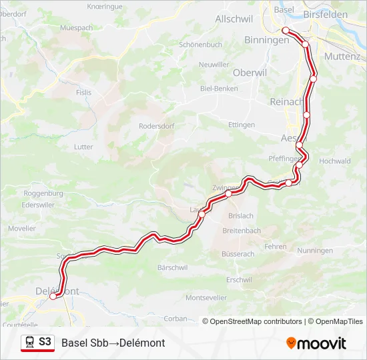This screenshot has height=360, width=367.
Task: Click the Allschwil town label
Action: pos(234,19)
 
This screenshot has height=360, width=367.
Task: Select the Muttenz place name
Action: pos(342,57)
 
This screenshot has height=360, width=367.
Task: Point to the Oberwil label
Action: pos(249,72)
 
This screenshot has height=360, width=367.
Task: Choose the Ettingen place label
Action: pos(242,125)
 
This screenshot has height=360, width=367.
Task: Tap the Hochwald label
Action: pos(335,161)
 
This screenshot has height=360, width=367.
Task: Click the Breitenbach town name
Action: pos(242,231)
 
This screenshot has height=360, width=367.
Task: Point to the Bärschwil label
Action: pos(172,267)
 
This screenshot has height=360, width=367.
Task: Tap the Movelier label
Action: pos(22,228)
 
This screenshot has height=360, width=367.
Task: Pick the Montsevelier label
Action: pos(206,297)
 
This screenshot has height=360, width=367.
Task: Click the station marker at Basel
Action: pos(286,31)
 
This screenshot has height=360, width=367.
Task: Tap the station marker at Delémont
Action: pos(53,297)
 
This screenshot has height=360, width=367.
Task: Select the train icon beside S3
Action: pos(30,343)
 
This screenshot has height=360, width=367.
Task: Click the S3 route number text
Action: pos(45,342)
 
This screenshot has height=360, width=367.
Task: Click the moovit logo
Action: pos(316,343)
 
